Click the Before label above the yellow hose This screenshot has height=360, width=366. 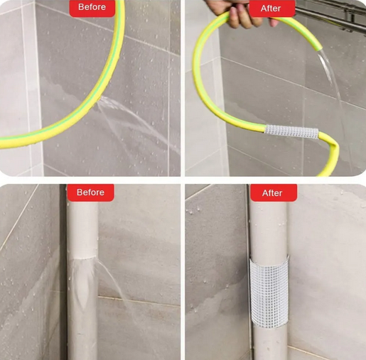tap(92, 7)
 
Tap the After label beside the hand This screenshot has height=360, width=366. tap(271, 9)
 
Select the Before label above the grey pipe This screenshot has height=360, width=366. tap(90, 192)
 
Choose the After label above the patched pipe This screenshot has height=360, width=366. tap(272, 193)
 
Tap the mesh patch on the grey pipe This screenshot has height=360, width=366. tap(269, 291)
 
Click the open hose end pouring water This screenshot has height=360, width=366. tap(318, 49)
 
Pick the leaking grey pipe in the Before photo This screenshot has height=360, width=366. tap(82, 279)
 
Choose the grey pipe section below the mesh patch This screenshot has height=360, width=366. tap(270, 343)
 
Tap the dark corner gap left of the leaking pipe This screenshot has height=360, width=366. tap(63, 272)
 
